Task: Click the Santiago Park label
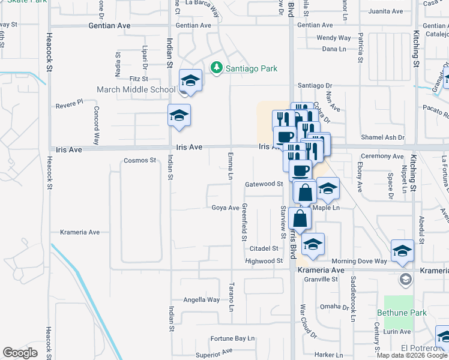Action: click(x=252, y=68)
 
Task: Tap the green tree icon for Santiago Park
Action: click(x=217, y=68)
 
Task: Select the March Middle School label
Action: click(x=137, y=90)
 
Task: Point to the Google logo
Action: click(x=20, y=353)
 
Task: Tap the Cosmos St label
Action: click(x=139, y=160)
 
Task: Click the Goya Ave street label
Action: click(x=226, y=208)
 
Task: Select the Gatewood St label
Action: click(x=264, y=184)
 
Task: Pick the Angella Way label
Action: click(x=201, y=299)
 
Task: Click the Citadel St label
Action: click(x=264, y=248)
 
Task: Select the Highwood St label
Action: click(x=264, y=261)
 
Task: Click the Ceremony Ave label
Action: click(x=382, y=156)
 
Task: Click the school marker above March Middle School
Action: click(x=191, y=81)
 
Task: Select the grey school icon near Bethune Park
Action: click(x=406, y=279)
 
